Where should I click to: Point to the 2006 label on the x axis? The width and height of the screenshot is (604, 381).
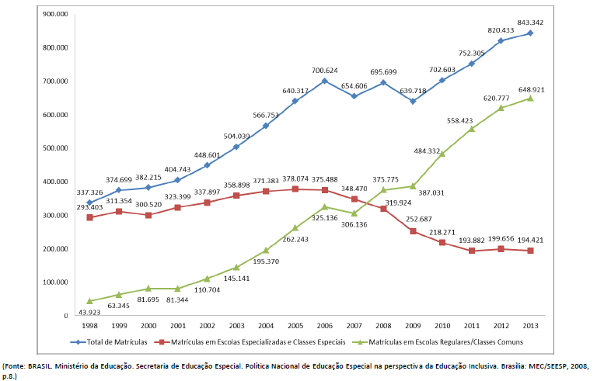pyautogui.click(x=324, y=325)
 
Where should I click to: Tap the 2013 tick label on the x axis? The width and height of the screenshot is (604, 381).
pyautogui.click(x=531, y=325)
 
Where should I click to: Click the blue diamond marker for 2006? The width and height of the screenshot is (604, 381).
pyautogui.click(x=324, y=81)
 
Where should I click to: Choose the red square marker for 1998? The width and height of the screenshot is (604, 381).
pyautogui.click(x=89, y=217)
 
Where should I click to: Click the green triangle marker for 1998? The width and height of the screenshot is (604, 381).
pyautogui.click(x=89, y=300)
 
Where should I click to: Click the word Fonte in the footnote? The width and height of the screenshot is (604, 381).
pyautogui.click(x=15, y=364)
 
